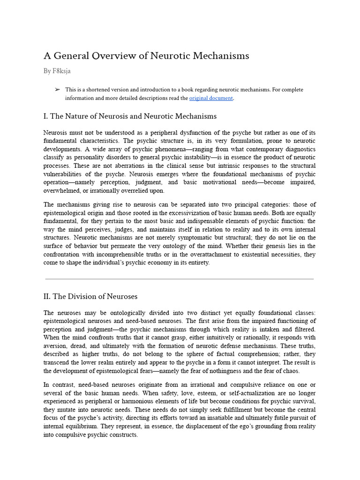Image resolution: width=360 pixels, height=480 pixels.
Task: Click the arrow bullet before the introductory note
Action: coord(57,89)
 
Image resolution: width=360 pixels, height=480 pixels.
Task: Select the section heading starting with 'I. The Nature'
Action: coord(130,116)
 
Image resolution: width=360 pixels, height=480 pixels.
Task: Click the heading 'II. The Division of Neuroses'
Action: coord(90,296)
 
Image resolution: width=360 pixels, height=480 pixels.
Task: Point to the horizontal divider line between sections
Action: coord(180,279)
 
